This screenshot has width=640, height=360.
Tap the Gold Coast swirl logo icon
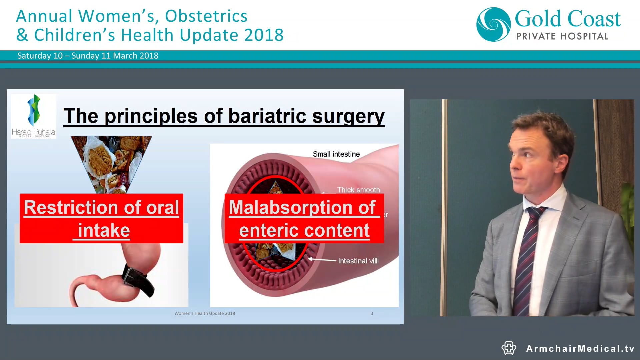point(493,25)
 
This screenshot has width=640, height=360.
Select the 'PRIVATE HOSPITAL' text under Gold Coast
point(562,36)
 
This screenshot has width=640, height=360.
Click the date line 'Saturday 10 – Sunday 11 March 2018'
point(88,56)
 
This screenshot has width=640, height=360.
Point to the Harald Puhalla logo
point(33,116)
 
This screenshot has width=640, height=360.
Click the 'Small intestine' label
point(336,154)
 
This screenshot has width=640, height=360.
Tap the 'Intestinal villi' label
point(358,261)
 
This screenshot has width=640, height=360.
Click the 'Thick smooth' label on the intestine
point(358,189)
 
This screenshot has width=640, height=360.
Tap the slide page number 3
point(372,313)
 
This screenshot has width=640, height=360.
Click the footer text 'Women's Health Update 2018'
point(205,313)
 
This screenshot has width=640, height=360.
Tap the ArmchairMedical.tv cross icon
point(509,348)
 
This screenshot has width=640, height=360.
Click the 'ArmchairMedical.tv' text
point(580,349)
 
